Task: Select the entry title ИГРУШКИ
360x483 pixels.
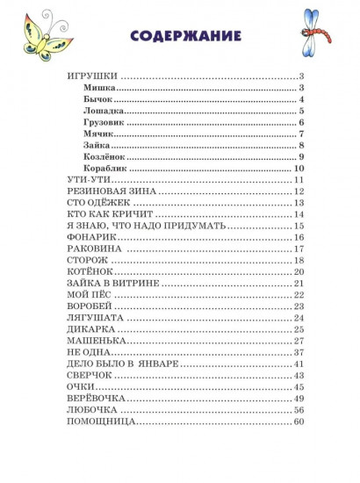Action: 92,76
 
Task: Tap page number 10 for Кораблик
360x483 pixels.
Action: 299,168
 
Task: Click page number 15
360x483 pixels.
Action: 299,226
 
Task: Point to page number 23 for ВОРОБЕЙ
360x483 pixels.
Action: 299,306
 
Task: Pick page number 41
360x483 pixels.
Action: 299,364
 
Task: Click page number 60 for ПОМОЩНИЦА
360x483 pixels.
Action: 299,422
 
